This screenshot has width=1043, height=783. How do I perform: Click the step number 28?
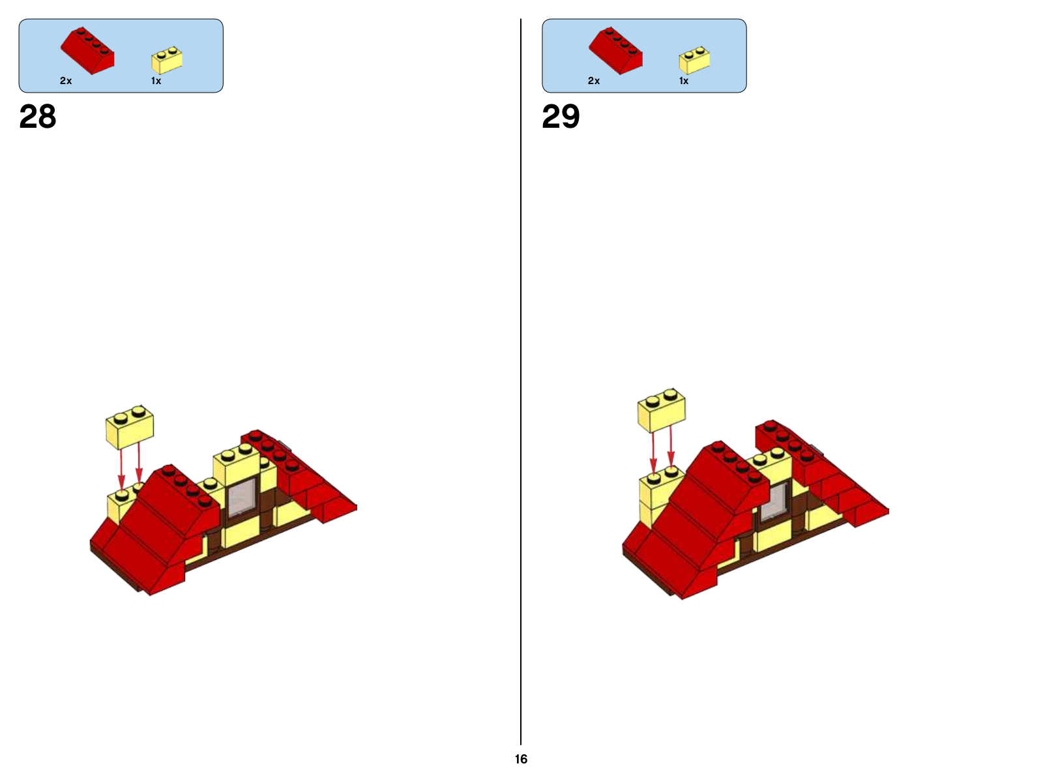[x=38, y=117]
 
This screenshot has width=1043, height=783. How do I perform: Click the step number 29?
[x=561, y=117]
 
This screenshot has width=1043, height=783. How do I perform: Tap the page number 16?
[x=521, y=759]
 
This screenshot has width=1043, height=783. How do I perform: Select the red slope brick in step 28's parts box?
[x=87, y=51]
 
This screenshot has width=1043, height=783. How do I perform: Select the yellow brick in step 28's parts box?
[x=167, y=60]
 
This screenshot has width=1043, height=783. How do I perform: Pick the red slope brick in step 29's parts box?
[x=615, y=51]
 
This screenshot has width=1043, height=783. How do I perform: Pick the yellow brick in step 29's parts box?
[x=694, y=60]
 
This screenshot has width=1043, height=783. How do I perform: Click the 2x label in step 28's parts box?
[x=66, y=81]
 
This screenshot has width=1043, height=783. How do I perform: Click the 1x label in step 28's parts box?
[x=156, y=81]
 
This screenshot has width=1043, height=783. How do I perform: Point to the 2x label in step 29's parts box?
[x=594, y=81]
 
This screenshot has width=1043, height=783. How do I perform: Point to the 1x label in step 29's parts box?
[x=684, y=81]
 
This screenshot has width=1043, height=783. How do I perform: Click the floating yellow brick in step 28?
[x=130, y=427]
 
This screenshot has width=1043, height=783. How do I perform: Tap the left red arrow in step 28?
[x=121, y=470]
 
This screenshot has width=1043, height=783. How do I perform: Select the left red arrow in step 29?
[x=653, y=453]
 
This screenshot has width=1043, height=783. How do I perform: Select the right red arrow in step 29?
[x=671, y=446]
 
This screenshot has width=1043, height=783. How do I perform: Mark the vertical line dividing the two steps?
[x=521, y=382]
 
